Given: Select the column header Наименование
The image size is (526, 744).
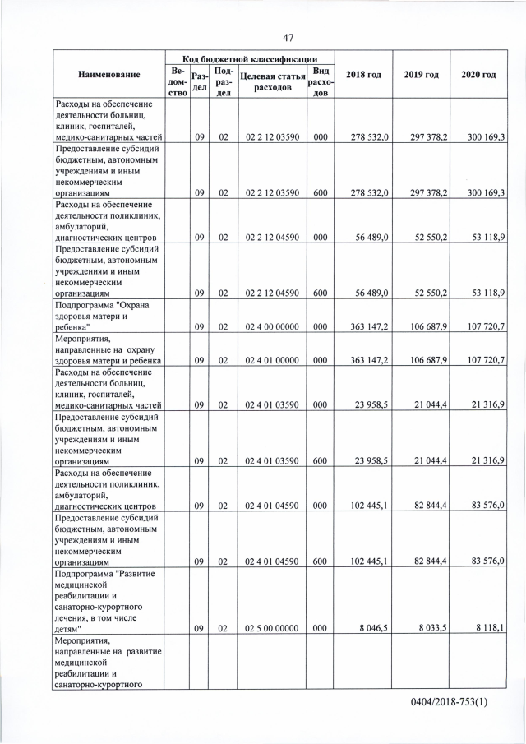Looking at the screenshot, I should pyautogui.click(x=108, y=75).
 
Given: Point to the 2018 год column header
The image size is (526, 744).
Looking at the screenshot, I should pyautogui.click(x=363, y=75).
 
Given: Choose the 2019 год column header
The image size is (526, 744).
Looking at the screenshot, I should pyautogui.click(x=421, y=75).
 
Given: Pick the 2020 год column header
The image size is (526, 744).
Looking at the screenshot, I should pyautogui.click(x=478, y=75).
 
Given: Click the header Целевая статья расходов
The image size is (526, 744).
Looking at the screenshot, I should pyautogui.click(x=270, y=81).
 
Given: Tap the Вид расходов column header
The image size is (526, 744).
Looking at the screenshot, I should pyautogui.click(x=320, y=81).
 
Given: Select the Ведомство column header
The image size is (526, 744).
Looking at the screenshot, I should pyautogui.click(x=178, y=81).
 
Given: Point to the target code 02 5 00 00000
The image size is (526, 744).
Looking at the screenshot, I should pyautogui.click(x=270, y=627).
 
